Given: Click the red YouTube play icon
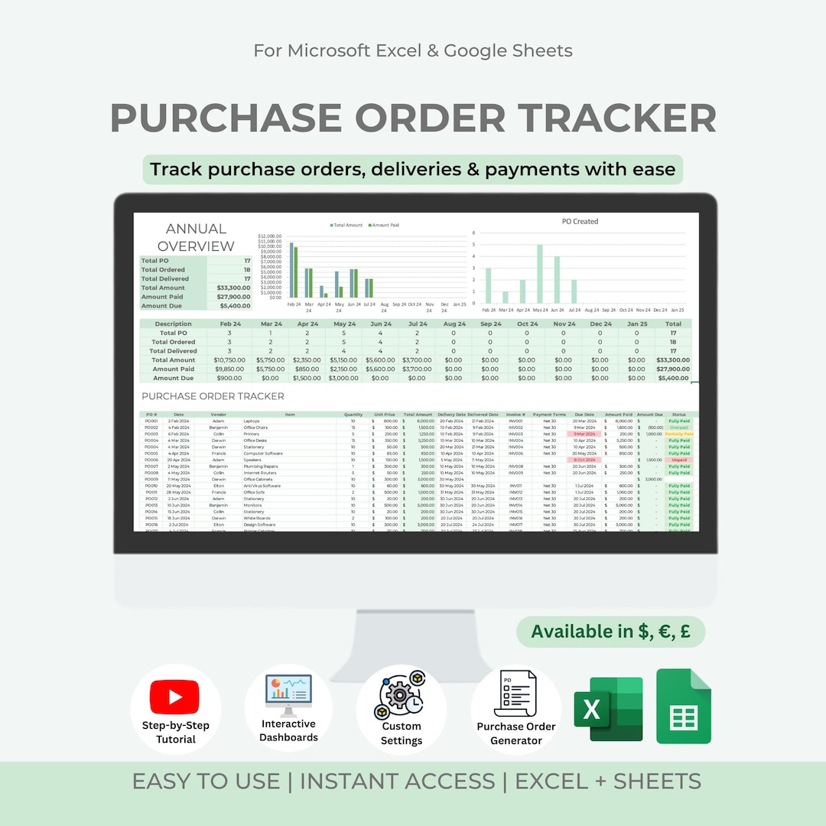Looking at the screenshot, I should click(x=175, y=697).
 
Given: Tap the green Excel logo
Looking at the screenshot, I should click(x=608, y=709).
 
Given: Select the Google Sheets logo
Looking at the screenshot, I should click(x=683, y=706).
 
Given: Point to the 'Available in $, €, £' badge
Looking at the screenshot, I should click(x=610, y=632).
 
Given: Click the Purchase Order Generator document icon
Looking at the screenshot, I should click(x=516, y=694).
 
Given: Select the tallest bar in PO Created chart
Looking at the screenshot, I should click(x=540, y=274).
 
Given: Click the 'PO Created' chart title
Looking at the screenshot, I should click(x=580, y=222).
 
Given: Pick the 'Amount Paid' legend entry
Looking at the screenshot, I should click(x=383, y=226).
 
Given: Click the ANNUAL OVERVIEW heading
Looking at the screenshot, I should click(x=196, y=237).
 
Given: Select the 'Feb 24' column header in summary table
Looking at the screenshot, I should click(x=229, y=324).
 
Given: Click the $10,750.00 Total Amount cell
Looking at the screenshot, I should click(x=229, y=359).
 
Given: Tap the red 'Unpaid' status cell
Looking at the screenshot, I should click(x=679, y=460).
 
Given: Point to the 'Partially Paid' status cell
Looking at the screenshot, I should click(x=679, y=434).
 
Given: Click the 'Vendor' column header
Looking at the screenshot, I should click(x=219, y=415).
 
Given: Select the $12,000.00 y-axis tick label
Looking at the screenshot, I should click(x=270, y=236).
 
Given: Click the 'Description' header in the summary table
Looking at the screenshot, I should click(x=174, y=324).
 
